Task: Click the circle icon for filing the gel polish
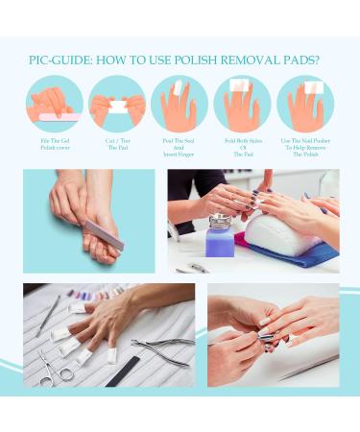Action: click(54, 104)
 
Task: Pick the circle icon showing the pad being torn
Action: click(117, 104)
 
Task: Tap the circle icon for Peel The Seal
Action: click(180, 104)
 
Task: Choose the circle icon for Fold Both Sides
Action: click(242, 104)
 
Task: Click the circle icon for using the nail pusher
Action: click(305, 104)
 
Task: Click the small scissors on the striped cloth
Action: click(56, 368)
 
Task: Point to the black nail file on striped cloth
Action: click(125, 370)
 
